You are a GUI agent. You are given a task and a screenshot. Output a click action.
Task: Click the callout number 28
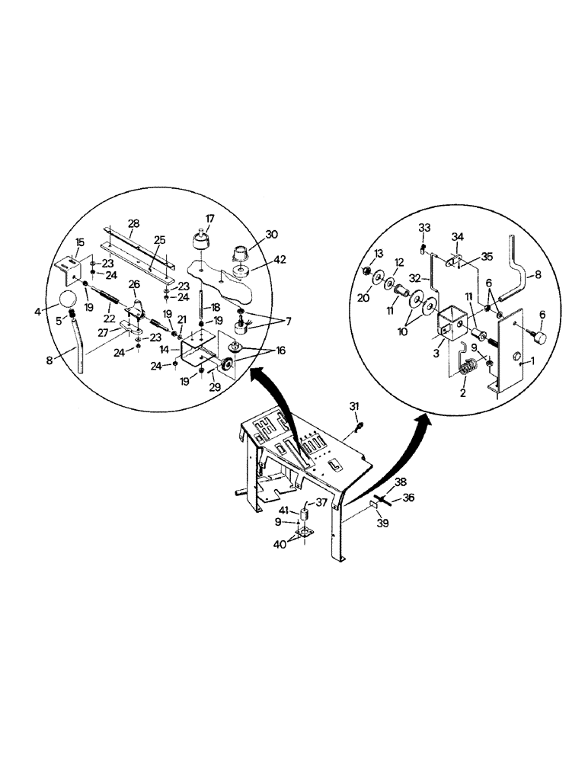[x=134, y=223]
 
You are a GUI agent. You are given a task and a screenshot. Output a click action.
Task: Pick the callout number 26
[x=133, y=284]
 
